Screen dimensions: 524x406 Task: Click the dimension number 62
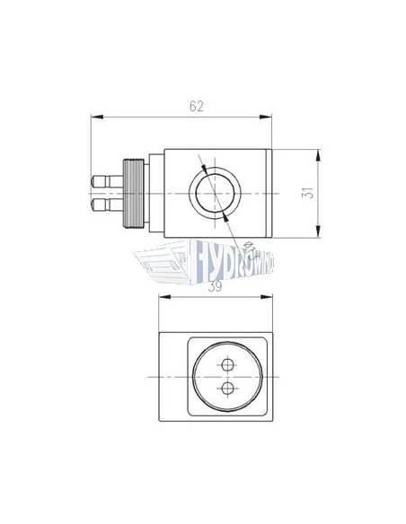coord(197,106)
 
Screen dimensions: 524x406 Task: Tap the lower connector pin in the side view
coord(103,205)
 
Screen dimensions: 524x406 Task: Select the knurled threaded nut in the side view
coord(129,194)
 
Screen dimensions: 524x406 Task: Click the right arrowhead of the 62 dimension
coord(270,117)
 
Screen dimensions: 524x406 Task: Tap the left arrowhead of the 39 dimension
coord(163,296)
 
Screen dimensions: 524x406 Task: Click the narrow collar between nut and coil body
coord(151,194)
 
